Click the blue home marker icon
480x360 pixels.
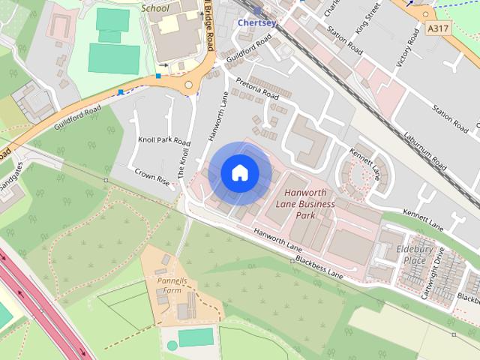(x=240, y=172)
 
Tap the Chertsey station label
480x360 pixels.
(x=258, y=22)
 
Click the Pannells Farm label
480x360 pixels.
(x=172, y=285)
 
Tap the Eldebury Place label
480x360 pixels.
(x=415, y=256)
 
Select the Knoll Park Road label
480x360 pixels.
(x=164, y=140)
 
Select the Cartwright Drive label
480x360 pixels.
(x=433, y=273)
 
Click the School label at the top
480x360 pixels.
(x=155, y=8)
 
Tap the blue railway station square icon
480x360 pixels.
(x=258, y=10)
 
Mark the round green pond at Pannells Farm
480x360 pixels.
(x=172, y=345)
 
